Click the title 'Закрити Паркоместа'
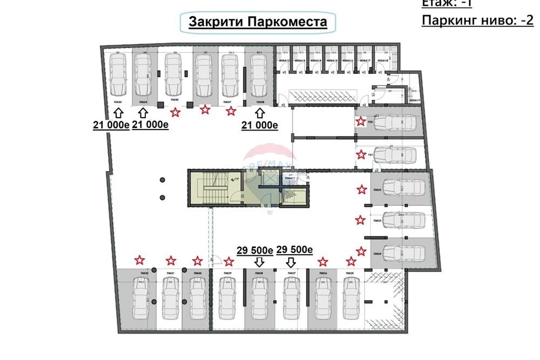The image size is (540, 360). tap(258, 22)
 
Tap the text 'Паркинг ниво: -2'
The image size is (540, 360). tap(477, 21)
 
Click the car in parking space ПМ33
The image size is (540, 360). tap(118, 73)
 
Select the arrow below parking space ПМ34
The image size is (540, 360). tap(143, 112)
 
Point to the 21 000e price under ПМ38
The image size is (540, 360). tap(259, 125)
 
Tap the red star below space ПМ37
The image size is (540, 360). tap(231, 111)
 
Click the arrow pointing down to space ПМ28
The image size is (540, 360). tap(259, 262)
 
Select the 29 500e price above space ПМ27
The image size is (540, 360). tap(295, 249)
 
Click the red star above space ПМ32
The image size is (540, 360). tap(140, 260)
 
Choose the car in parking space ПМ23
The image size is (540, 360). tap(402, 220)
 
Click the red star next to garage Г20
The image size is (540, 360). tap(360, 121)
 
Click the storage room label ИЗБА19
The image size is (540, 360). tap(415, 100)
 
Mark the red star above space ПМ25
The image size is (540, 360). tap(351, 262)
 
